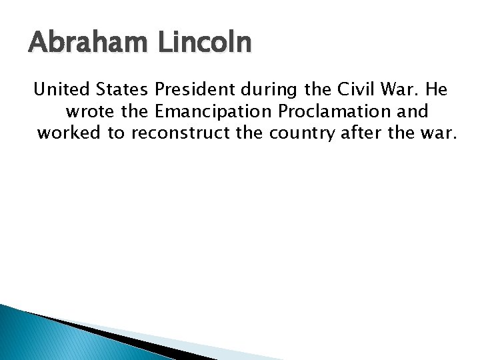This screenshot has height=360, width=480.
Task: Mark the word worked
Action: click(x=69, y=132)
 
